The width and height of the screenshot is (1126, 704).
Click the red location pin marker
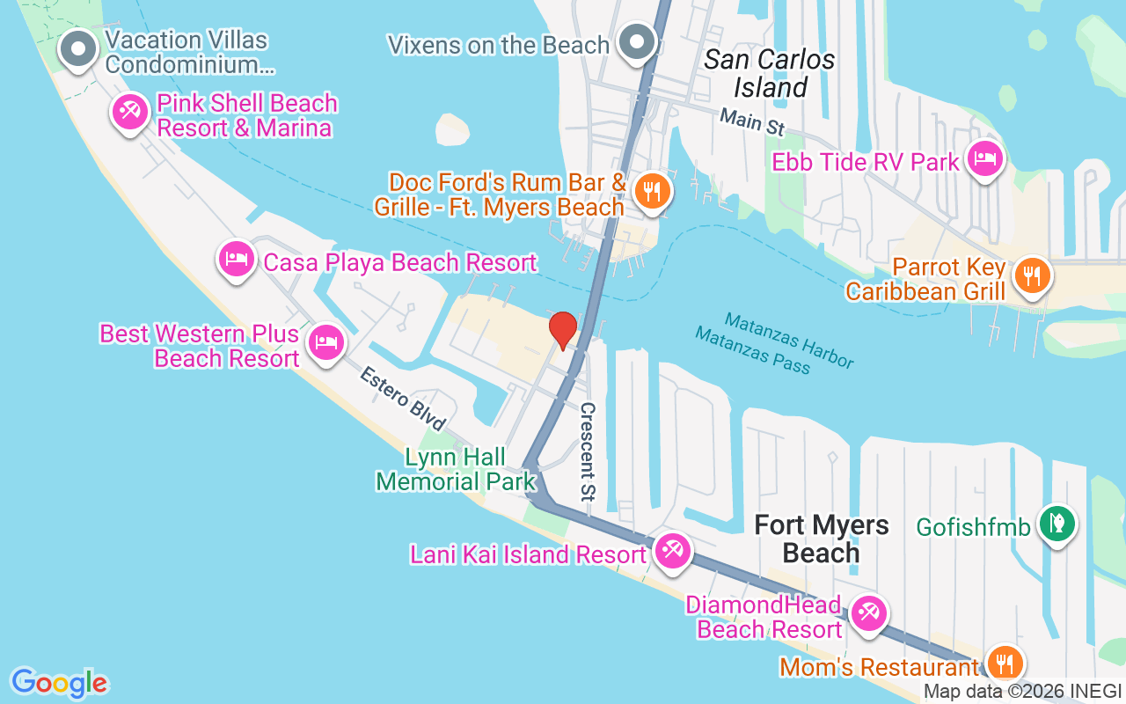point(563,331)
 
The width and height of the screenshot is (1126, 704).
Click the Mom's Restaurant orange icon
point(1002,662)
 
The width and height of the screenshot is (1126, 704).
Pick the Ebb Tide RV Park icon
point(984,159)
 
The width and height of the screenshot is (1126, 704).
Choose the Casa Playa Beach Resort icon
point(236,260)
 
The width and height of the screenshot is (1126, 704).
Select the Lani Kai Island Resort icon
point(673,552)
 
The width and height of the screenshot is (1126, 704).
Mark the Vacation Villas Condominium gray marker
point(78,48)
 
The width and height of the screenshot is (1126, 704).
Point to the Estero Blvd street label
point(404,399)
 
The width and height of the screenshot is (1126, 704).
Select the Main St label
point(751,121)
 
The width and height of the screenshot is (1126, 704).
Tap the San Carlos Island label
point(770,73)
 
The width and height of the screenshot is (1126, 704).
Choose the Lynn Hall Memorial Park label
point(456,469)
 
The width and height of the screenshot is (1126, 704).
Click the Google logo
point(59,683)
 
